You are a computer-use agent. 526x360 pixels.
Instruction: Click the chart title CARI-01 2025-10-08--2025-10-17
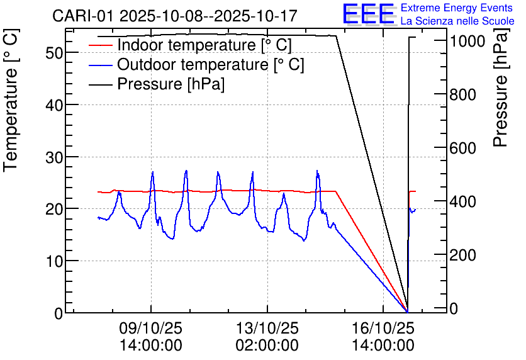[x=175, y=15]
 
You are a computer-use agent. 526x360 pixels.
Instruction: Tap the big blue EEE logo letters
[x=369, y=14]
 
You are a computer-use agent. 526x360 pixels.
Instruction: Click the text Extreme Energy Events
[x=457, y=8]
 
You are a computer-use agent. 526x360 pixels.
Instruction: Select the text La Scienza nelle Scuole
[x=457, y=21]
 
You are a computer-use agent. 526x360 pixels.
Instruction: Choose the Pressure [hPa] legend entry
[x=171, y=84]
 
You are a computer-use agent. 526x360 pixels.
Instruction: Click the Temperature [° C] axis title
[x=11, y=120]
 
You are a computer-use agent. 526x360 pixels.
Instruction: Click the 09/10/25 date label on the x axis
[x=151, y=329]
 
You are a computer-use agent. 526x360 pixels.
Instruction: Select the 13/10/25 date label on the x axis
[x=267, y=329]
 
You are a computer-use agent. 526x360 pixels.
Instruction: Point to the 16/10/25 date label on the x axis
[x=383, y=329]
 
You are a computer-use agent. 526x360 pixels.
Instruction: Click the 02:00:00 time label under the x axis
[x=267, y=345]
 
